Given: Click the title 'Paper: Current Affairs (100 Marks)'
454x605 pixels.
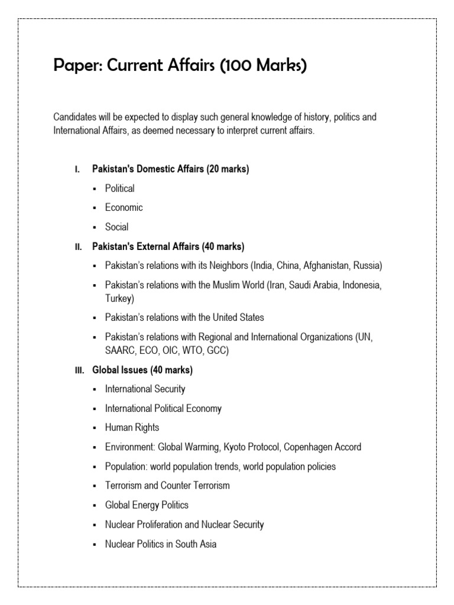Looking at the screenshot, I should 180,66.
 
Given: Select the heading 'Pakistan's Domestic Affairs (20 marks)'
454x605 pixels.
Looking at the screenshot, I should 170,169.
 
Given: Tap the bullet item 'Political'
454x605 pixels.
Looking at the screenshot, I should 120,188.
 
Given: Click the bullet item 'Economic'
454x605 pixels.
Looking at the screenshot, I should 124,207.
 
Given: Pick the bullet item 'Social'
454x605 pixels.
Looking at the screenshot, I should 116,227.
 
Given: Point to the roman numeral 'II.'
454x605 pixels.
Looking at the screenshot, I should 78,246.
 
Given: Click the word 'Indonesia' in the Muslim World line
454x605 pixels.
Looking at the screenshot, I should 362,285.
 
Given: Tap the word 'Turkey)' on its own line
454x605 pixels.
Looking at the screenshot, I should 121,298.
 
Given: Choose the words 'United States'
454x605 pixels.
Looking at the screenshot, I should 236,318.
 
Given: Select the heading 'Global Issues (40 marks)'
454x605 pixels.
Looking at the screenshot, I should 142,370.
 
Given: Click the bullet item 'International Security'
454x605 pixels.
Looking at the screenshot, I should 145,389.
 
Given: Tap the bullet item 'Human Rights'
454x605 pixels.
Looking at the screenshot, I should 132,427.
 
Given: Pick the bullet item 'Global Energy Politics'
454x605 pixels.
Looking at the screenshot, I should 147,505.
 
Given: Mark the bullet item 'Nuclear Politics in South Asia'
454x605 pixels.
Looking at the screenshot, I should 160,544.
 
